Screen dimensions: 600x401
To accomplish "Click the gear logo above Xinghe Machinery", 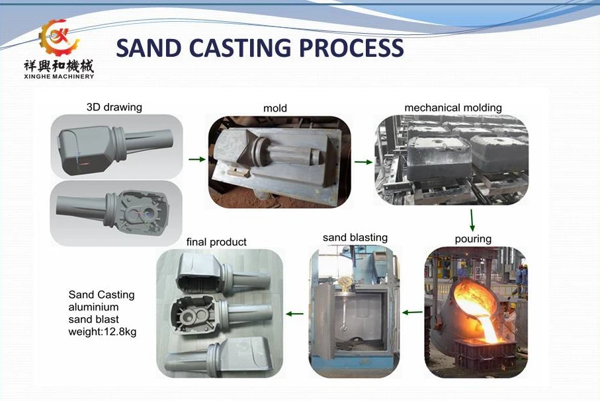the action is tap(58, 38).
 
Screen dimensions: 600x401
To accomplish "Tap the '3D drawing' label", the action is tap(114, 106).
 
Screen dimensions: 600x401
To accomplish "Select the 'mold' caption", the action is tap(275, 108).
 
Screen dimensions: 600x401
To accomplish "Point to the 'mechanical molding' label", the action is tap(453, 107).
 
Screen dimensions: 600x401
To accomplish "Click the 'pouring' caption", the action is tap(473, 238).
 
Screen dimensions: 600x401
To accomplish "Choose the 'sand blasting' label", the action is tap(355, 237).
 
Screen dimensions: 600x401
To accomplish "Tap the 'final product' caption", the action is tap(216, 242).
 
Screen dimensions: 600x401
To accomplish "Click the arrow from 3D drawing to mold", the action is tap(196, 159).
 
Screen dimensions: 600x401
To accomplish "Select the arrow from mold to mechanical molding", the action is tap(363, 161).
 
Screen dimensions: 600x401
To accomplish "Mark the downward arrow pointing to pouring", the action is tap(472, 219).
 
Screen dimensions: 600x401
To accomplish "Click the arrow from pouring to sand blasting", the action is tap(413, 312).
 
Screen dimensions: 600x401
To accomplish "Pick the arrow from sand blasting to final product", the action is tap(295, 314).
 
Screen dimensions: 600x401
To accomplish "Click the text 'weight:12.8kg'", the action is tap(103, 332).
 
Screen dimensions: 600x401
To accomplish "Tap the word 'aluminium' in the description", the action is tap(93, 307).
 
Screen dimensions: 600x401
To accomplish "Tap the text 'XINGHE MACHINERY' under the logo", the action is tap(58, 77).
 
